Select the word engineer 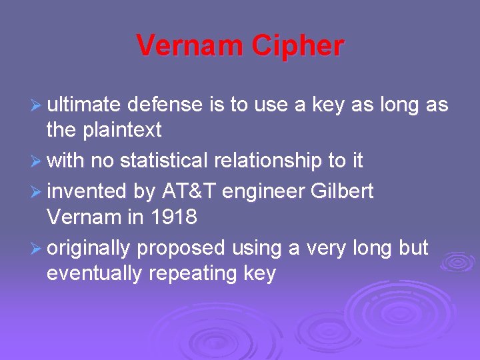coord(265,192)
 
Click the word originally coord(89,248)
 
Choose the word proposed coord(181,248)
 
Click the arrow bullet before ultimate coord(37,105)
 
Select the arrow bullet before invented coord(37,192)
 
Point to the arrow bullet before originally coord(37,248)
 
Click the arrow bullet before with coord(37,161)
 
